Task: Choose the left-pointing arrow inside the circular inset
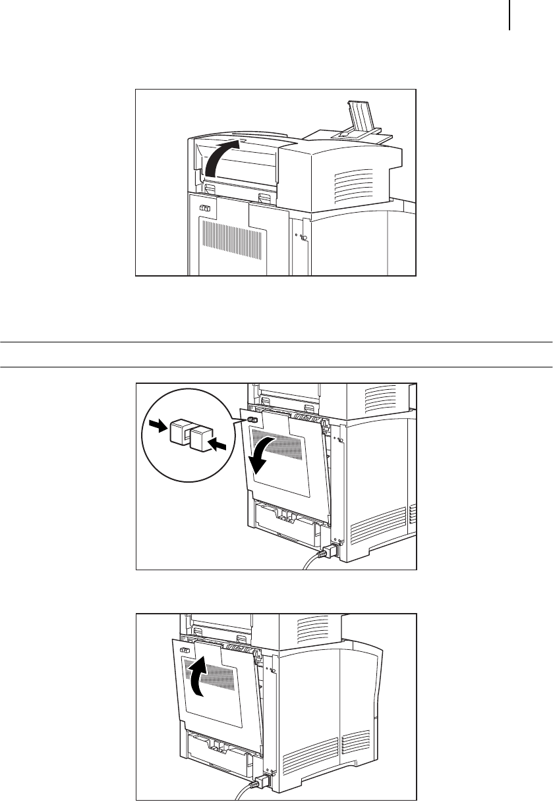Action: coord(221,446)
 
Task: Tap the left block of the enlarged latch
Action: coord(179,431)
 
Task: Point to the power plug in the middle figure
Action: coord(325,552)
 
